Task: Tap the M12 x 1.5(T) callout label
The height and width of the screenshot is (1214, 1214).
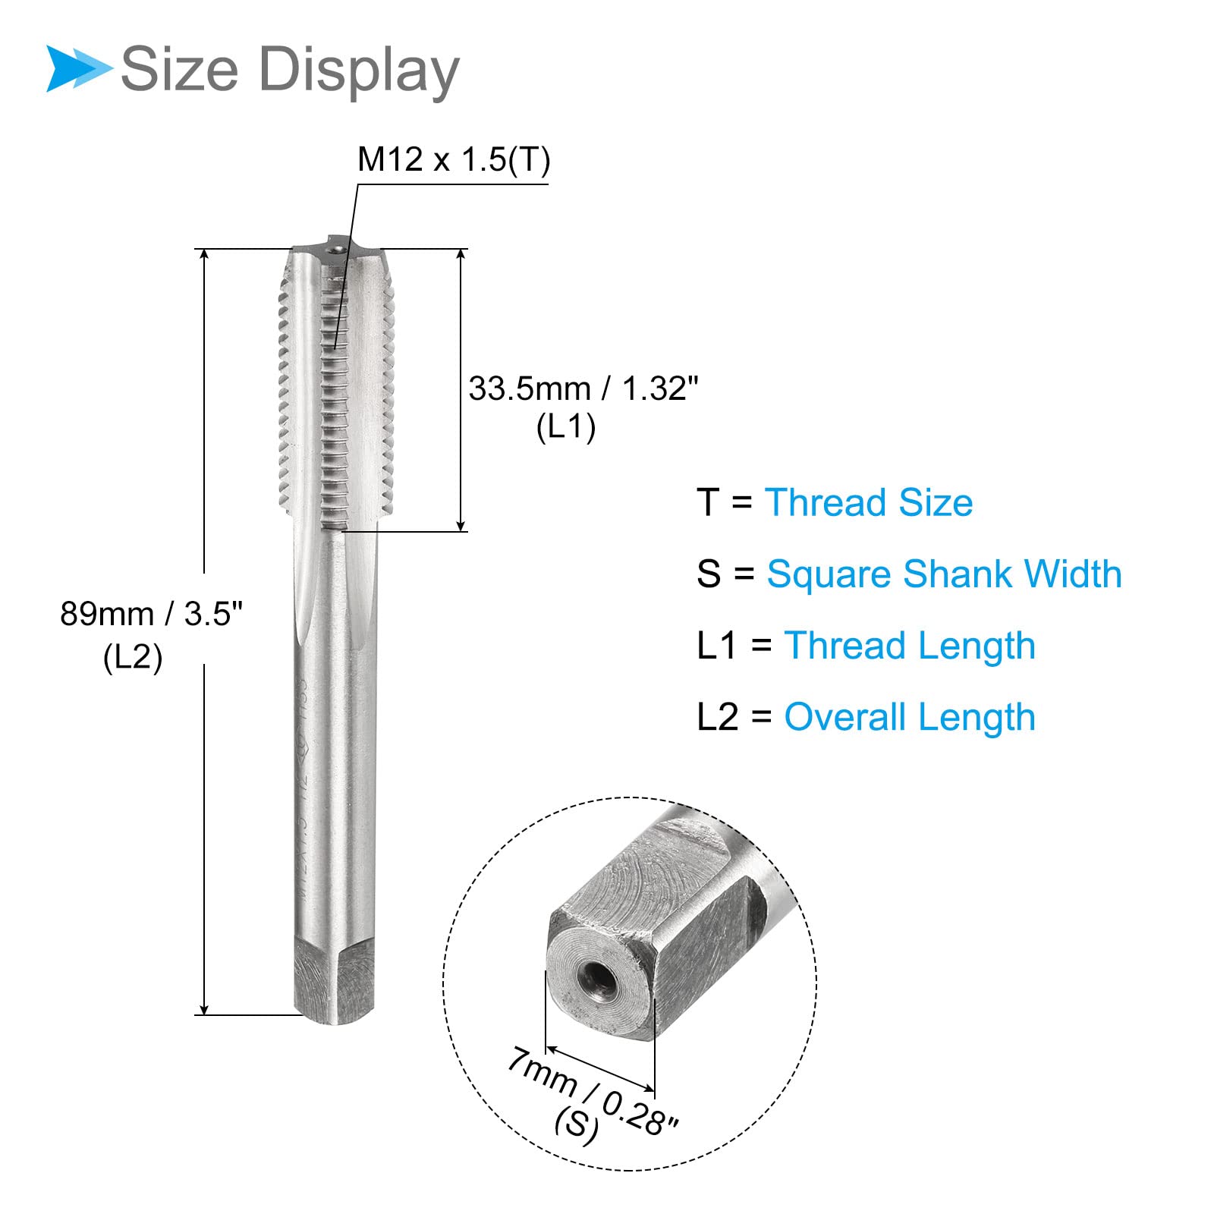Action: click(x=454, y=160)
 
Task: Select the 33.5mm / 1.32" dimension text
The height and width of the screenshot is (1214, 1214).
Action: click(x=583, y=388)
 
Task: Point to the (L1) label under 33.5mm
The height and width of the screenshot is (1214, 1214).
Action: click(x=566, y=427)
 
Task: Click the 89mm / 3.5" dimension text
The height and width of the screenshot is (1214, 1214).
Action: click(x=151, y=613)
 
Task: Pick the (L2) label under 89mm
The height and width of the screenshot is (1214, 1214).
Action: click(x=133, y=657)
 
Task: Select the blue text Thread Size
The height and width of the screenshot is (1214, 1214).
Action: click(x=869, y=502)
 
